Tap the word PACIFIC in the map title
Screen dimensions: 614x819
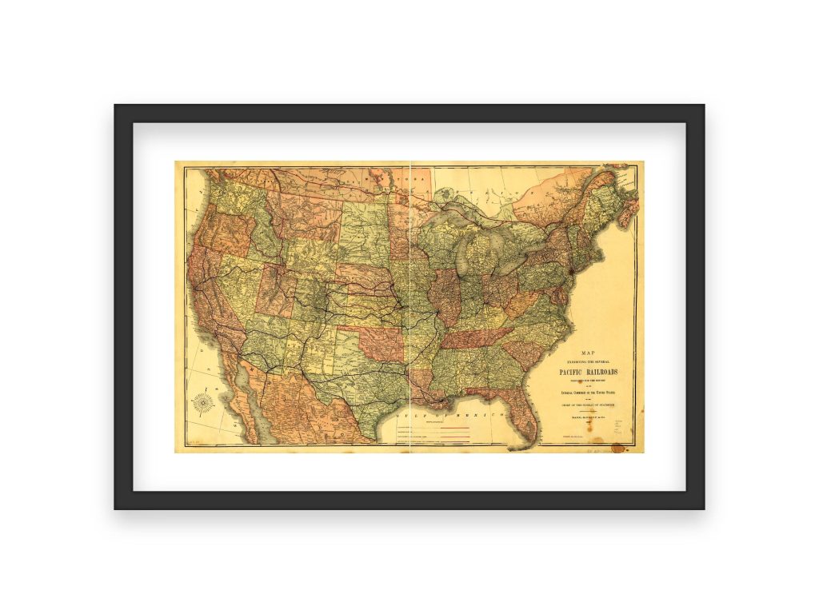point(576,373)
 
